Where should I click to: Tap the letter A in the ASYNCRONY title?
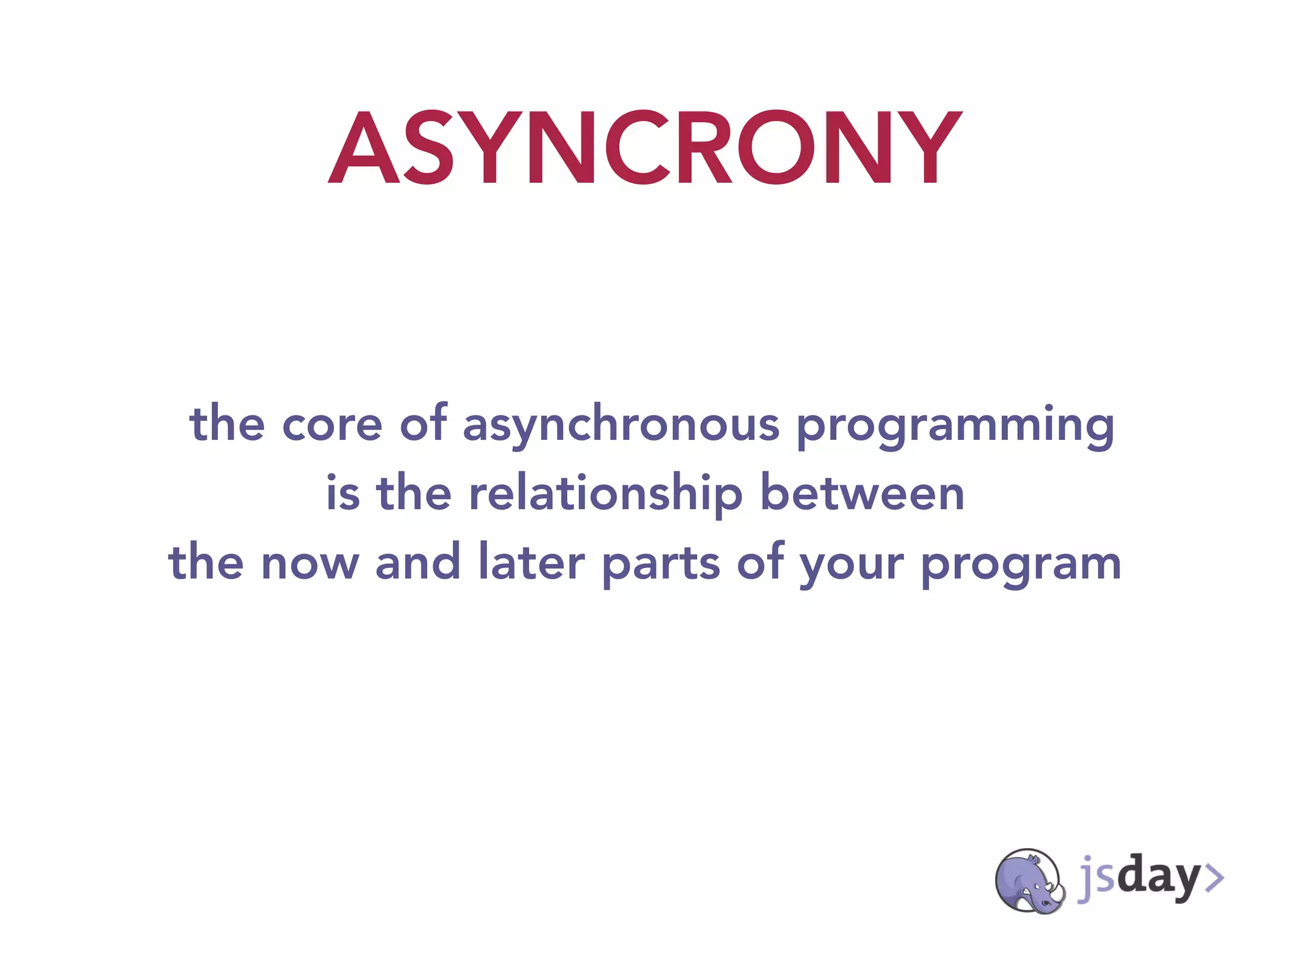[x=364, y=149]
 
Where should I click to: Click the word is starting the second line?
[x=343, y=493]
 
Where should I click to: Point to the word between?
[x=862, y=493]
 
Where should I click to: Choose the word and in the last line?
[x=418, y=562]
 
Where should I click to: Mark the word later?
[x=532, y=562]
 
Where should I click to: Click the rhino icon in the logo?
[x=1029, y=880]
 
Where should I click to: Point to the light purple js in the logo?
[x=1097, y=877]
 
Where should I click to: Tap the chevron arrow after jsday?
[x=1213, y=878]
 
